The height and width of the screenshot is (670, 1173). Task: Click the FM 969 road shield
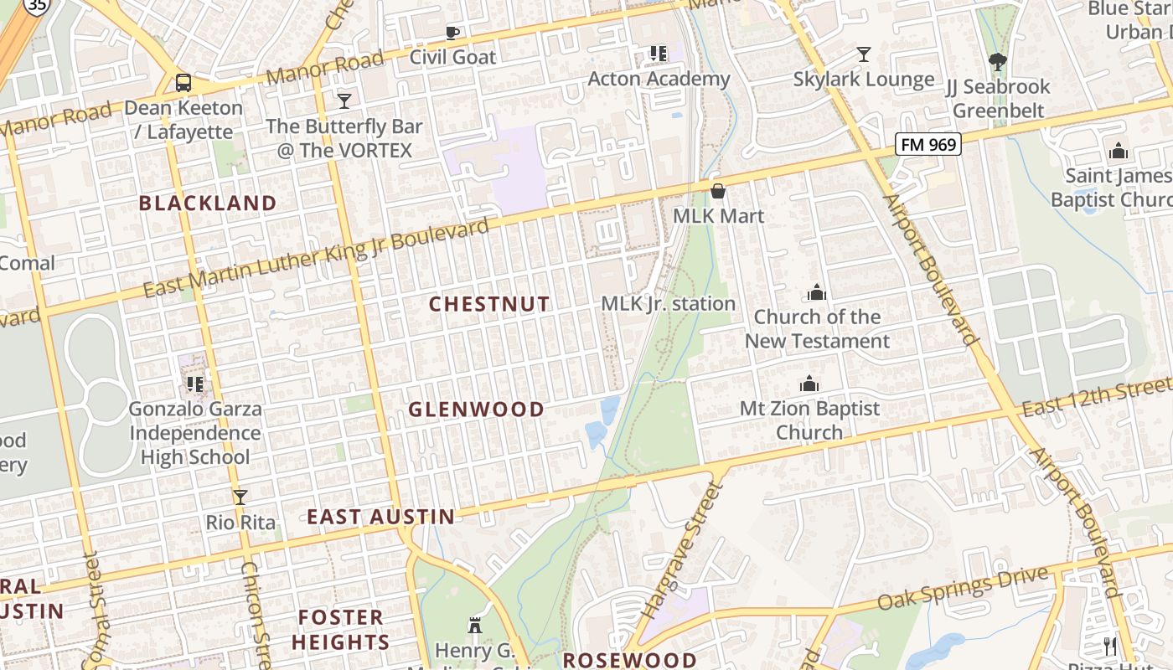click(927, 144)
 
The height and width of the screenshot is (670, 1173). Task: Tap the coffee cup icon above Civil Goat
click(452, 33)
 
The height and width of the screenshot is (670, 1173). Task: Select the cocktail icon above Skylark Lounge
click(864, 54)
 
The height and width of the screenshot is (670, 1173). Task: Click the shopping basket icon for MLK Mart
click(718, 191)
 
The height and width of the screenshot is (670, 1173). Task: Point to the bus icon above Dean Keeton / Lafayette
click(183, 83)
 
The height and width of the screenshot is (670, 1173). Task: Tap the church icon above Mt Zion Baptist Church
click(809, 384)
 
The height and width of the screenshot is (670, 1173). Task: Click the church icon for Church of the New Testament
click(817, 292)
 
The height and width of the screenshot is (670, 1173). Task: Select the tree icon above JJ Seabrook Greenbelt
click(997, 61)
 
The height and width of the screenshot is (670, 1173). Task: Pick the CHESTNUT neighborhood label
click(489, 304)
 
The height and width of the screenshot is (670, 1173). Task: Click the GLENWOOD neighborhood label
click(476, 410)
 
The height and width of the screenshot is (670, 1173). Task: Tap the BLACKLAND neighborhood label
click(207, 203)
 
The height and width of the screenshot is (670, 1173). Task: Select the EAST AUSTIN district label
click(380, 517)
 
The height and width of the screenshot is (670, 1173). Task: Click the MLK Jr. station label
click(669, 303)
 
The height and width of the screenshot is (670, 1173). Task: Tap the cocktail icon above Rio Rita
click(240, 497)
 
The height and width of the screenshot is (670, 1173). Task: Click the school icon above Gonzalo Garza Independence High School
click(195, 384)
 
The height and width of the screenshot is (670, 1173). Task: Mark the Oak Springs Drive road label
click(963, 590)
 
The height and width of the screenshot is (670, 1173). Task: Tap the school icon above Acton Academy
click(659, 54)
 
